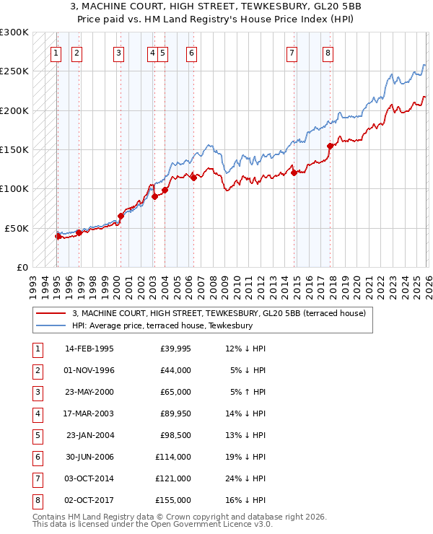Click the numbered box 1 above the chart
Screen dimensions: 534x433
pyautogui.click(x=56, y=53)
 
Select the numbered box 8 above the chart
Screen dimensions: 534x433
pyautogui.click(x=328, y=53)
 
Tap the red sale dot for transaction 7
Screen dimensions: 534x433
pyautogui.click(x=294, y=172)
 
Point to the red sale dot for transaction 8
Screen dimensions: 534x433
pyautogui.click(x=330, y=146)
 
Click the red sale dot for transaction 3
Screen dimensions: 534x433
pyautogui.click(x=121, y=216)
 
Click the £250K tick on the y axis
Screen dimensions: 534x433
pyautogui.click(x=16, y=71)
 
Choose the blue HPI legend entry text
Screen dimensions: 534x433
pyautogui.click(x=162, y=326)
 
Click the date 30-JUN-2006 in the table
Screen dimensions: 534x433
pyautogui.click(x=89, y=457)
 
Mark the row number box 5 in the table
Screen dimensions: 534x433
pyautogui.click(x=36, y=435)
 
